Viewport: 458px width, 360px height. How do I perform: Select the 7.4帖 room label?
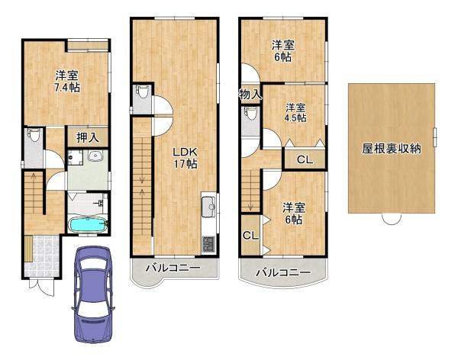67,81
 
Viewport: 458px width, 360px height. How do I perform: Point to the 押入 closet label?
87,138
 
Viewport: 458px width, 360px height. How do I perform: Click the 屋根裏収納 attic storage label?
392,149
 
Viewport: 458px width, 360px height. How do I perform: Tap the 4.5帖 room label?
295,112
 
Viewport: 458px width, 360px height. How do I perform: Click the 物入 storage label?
250,95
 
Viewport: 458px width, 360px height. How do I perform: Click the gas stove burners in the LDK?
208,243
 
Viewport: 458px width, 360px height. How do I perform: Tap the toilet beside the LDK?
141,93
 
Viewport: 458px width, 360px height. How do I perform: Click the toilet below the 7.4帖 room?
32,138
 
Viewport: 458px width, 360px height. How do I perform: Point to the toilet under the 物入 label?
250,115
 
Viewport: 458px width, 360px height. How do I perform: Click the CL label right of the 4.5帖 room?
304,160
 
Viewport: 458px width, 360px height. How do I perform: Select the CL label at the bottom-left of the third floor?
250,236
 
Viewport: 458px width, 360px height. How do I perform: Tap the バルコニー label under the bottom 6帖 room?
283,272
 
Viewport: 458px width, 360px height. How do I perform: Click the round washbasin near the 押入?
95,158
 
